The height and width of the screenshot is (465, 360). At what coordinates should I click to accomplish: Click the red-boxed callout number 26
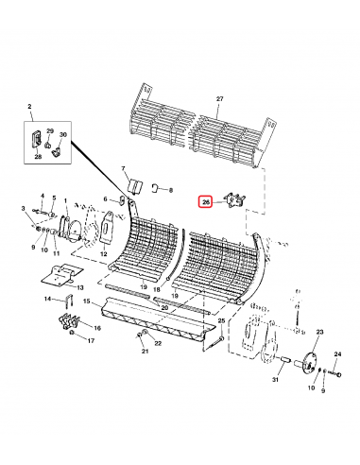(205, 201)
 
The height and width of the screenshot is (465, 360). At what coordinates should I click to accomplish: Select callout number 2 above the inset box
(29, 111)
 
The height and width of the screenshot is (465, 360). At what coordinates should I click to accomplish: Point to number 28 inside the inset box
(39, 155)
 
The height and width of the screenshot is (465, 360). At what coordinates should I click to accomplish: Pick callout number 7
(123, 168)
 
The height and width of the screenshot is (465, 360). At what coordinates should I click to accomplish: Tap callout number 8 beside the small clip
(171, 190)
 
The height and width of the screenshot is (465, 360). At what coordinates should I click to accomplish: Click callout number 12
(103, 254)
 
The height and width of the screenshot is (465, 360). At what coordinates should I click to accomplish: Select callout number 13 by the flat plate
(79, 286)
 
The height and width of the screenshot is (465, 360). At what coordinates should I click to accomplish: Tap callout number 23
(318, 333)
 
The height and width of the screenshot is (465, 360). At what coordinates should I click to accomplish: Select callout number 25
(221, 322)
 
